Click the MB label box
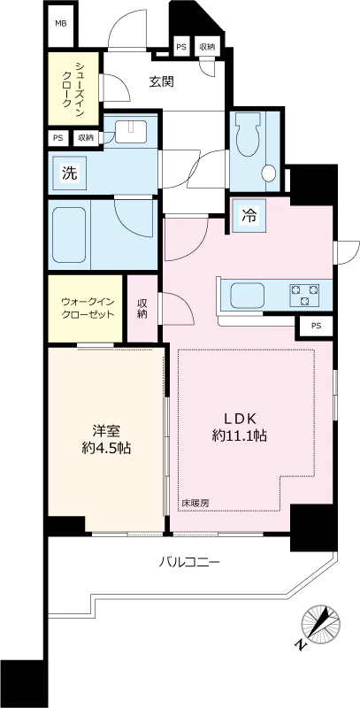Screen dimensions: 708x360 [x=61, y=24]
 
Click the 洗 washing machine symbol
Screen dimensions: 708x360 [x=69, y=173]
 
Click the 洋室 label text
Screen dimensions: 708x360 [x=106, y=432]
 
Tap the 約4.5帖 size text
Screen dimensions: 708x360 [x=106, y=450]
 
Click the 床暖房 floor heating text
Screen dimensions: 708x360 [x=195, y=503]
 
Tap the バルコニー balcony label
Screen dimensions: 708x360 [x=189, y=561]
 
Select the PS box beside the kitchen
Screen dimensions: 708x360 [x=316, y=327]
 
